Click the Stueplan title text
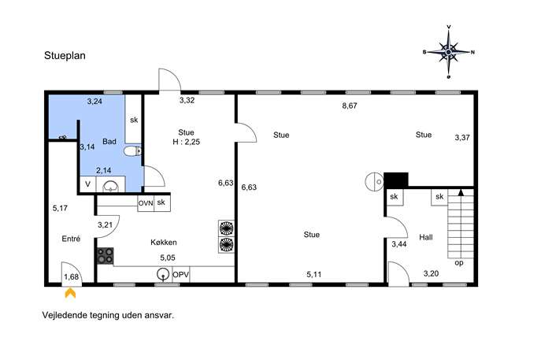point(65,56)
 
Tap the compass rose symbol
point(449,52)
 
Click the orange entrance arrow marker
point(70,293)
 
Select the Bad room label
point(109,142)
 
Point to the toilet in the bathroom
point(132,150)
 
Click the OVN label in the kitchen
point(146,203)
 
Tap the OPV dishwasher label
point(181,275)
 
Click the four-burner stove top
point(105,256)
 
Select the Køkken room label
point(164,243)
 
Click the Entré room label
point(71,239)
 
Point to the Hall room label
point(426,237)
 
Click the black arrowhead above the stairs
point(461,192)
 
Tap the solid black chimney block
point(396,180)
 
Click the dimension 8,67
point(350,106)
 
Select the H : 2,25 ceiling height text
point(187,142)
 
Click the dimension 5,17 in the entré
point(60,208)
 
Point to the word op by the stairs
point(459,263)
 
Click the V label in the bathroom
point(87,184)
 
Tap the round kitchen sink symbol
point(161,274)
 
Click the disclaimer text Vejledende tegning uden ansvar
point(108,315)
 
